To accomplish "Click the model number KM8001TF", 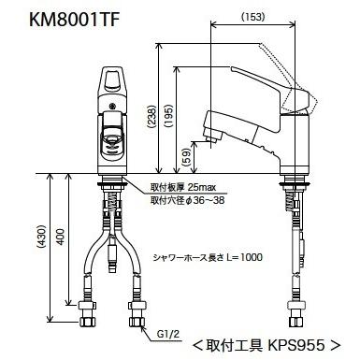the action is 74,20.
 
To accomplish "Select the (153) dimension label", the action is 252,17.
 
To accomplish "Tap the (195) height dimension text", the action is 168,115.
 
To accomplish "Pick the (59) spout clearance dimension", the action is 186,157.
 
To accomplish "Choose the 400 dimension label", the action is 61,237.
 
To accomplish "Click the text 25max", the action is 202,187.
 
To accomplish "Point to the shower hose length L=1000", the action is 244,257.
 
